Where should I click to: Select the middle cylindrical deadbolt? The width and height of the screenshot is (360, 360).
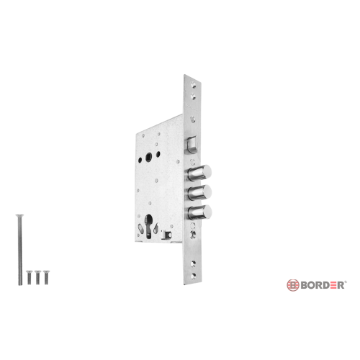(199, 192)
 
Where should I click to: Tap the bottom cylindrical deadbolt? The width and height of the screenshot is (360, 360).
(199, 212)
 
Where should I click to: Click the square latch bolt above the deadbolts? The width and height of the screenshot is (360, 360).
(192, 144)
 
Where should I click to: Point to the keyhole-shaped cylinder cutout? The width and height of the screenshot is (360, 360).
(149, 227)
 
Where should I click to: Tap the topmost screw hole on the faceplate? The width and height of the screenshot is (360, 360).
(193, 84)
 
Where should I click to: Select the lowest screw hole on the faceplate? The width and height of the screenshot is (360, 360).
(194, 276)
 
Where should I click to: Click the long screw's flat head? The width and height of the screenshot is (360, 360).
(19, 215)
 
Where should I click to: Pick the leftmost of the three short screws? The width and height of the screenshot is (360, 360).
(30, 277)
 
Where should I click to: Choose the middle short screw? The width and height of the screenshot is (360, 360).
(37, 277)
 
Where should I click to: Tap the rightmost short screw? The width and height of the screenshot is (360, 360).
(46, 277)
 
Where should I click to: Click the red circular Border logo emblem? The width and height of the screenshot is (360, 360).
(293, 285)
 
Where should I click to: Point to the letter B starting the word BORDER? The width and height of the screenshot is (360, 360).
(304, 285)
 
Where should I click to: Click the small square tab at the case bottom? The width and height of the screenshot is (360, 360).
(166, 234)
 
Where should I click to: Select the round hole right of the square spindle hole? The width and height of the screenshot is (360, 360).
(158, 154)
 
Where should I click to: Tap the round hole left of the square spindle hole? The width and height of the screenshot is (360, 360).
(140, 159)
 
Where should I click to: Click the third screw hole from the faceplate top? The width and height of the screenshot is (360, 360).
(193, 120)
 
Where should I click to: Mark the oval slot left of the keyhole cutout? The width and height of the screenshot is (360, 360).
(140, 228)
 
